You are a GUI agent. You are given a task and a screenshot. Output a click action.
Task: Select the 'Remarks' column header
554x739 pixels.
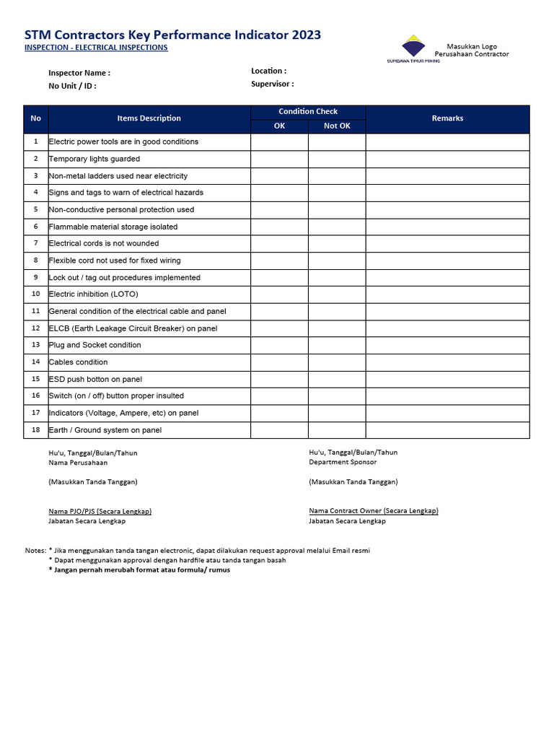coord(447,118)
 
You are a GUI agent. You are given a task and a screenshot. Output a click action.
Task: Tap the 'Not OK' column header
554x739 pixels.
coord(336,126)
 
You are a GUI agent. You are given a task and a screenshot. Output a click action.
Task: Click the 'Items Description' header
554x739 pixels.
coord(149,118)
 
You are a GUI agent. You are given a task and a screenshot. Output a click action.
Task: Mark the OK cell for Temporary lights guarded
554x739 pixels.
coord(279,159)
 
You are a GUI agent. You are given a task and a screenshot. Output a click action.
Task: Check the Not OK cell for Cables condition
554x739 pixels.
coord(336,362)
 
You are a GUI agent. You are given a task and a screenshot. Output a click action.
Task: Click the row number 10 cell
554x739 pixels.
coord(36,294)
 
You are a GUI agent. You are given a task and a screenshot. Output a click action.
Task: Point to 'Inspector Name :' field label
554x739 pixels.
coord(79,73)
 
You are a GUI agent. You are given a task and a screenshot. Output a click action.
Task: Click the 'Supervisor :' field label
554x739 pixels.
coord(272,84)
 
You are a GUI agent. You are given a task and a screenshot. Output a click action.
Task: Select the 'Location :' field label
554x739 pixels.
coord(268,71)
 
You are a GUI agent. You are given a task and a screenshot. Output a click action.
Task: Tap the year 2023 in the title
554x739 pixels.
coord(305,35)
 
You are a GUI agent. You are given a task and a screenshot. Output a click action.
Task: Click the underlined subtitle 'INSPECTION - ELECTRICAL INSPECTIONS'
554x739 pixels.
coord(96,48)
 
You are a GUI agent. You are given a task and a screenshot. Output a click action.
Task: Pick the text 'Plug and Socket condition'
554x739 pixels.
coord(94,345)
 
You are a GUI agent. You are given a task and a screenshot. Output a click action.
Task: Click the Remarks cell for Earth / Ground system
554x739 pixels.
coord(447,430)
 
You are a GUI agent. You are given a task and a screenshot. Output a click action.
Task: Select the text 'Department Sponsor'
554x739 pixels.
coord(343,462)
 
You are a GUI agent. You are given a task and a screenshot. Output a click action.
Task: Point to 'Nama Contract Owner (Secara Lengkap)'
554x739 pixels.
coord(373,511)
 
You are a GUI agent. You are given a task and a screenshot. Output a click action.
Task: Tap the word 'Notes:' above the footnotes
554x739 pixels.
coord(35,551)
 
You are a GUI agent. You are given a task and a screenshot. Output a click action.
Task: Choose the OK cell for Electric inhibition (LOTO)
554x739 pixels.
coord(279,294)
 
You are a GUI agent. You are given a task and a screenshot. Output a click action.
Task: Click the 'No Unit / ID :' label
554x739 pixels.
coord(72,86)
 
